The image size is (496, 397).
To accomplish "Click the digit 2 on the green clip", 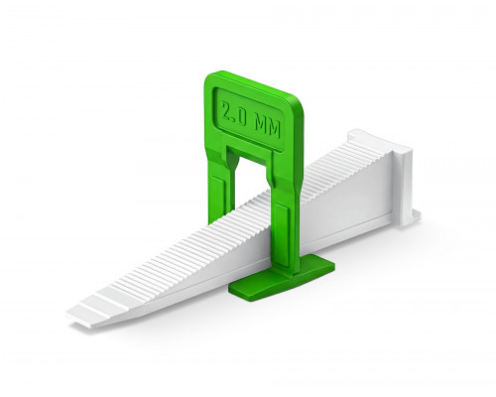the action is tap(227, 112).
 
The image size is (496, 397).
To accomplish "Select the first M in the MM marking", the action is tap(261, 126).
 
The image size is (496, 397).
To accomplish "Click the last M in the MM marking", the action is tap(275, 130).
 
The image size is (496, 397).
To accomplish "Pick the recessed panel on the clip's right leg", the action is tap(282, 231).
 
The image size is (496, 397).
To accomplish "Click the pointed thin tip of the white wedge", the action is tap(67, 314).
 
